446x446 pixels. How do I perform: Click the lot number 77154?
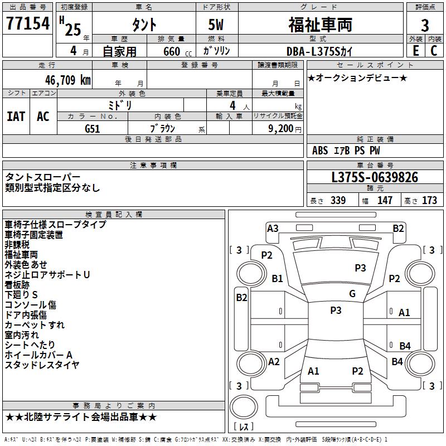pyautogui.click(x=28, y=23)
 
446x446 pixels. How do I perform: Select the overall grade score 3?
pyautogui.click(x=425, y=25)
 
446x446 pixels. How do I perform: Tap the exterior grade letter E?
pyautogui.click(x=415, y=51)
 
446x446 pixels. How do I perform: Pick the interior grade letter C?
pyautogui.click(x=434, y=51)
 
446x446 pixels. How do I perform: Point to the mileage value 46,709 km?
pyautogui.click(x=67, y=80)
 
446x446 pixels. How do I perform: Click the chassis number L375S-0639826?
pyautogui.click(x=375, y=177)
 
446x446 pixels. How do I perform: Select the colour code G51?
pyautogui.click(x=92, y=129)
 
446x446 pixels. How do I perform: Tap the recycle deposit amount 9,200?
pyautogui.click(x=280, y=129)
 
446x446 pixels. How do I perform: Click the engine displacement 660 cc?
pyautogui.click(x=177, y=51)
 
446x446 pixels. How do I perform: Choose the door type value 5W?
pyautogui.click(x=216, y=25)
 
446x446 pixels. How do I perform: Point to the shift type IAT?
pyautogui.click(x=16, y=117)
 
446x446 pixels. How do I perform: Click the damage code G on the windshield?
pyautogui.click(x=352, y=293)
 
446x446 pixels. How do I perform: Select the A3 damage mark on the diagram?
pyautogui.click(x=273, y=229)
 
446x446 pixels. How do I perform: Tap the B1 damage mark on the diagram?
pyautogui.click(x=277, y=278)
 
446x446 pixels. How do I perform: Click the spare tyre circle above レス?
pyautogui.click(x=244, y=407)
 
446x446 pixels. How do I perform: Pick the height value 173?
pyautogui.click(x=429, y=200)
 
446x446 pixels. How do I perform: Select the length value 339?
pyautogui.click(x=338, y=200)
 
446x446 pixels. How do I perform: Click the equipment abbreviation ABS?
pyautogui.click(x=319, y=151)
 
